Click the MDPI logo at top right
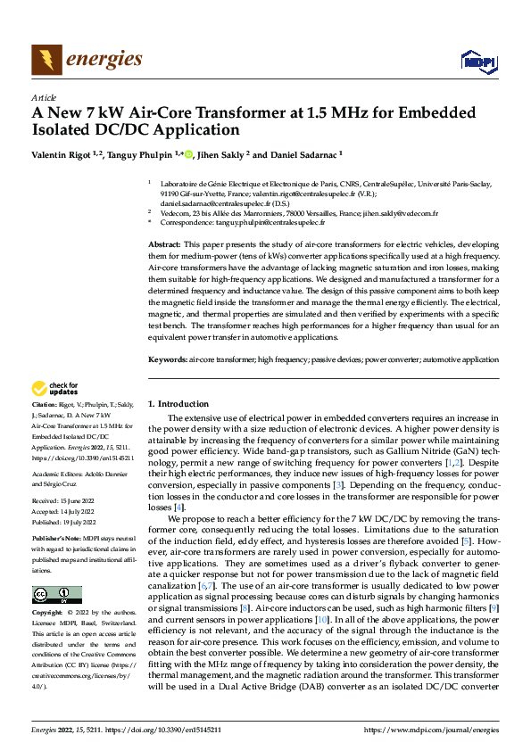coord(477,60)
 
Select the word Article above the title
coord(44,96)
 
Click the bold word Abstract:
coord(163,243)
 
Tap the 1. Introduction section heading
coord(178,403)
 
